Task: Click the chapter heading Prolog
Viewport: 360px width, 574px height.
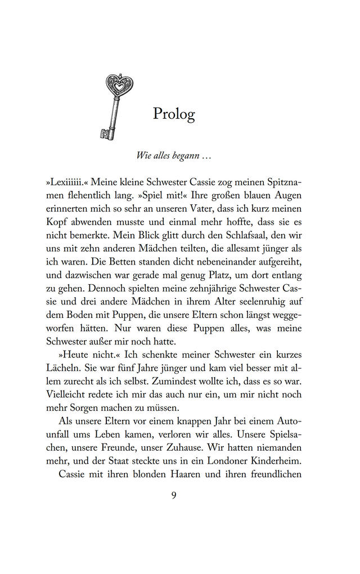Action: coord(174,114)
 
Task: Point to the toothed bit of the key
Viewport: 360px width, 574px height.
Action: coord(105,133)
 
